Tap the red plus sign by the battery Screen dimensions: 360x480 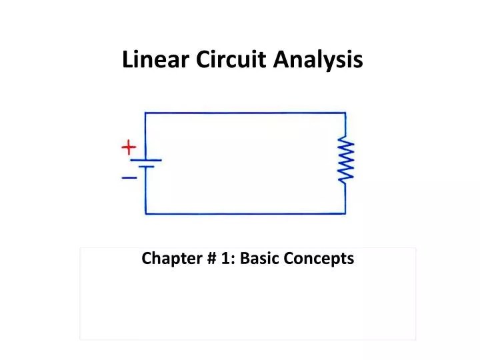click(x=129, y=147)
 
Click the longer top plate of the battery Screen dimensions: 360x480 click(x=146, y=160)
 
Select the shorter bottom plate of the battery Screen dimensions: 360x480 click(x=146, y=168)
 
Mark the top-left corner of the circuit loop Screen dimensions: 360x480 click(x=146, y=113)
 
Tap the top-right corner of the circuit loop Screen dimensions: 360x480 click(x=345, y=113)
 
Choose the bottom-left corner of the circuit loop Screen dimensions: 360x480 click(x=146, y=213)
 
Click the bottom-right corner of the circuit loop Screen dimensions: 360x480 click(x=345, y=213)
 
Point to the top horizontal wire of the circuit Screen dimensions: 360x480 click(x=245, y=113)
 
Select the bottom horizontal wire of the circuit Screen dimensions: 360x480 click(x=245, y=213)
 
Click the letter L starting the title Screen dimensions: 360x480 click(x=127, y=60)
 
